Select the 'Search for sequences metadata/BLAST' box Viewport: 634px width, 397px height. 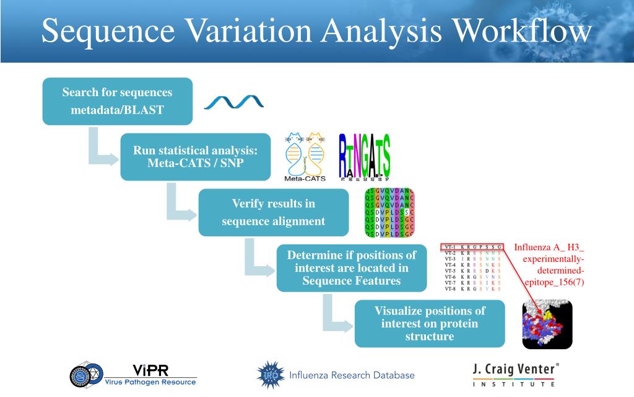(x=117, y=101)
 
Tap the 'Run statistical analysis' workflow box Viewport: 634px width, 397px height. (x=195, y=157)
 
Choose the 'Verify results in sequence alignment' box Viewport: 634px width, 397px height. (x=273, y=212)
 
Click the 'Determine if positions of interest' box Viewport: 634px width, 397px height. (x=351, y=268)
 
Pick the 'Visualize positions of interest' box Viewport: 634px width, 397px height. (x=429, y=323)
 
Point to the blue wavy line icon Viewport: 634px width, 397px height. (x=234, y=101)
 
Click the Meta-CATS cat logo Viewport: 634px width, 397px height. (x=305, y=156)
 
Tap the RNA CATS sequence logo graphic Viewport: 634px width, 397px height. (x=365, y=156)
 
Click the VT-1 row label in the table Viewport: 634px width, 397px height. (x=451, y=248)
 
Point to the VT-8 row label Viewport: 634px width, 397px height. (x=451, y=288)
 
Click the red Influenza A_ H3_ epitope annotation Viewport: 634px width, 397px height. (x=549, y=265)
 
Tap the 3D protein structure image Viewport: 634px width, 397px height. (x=547, y=324)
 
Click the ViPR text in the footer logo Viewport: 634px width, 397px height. (x=150, y=370)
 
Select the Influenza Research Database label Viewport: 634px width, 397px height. (x=352, y=375)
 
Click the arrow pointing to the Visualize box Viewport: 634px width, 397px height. (x=335, y=316)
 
